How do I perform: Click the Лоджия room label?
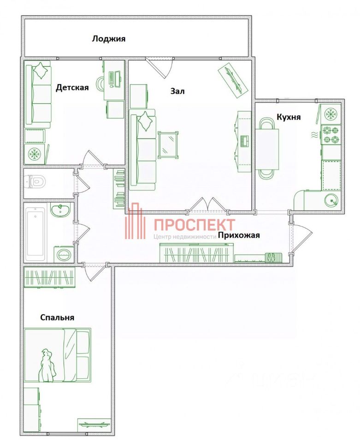pos(108,39)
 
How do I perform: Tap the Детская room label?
pos(72,88)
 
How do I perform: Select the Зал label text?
pos(177,91)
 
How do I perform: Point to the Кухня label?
pos(289,117)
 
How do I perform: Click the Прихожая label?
pos(239,235)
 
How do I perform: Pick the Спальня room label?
pos(57,317)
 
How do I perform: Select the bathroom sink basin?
pos(60,211)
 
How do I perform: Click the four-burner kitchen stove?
pos(330,135)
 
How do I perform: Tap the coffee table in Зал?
pos(168,144)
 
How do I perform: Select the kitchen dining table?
pos(267,148)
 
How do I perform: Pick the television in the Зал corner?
pos(234,79)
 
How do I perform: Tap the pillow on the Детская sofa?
pos(41,70)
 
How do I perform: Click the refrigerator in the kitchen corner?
pos(330,114)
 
